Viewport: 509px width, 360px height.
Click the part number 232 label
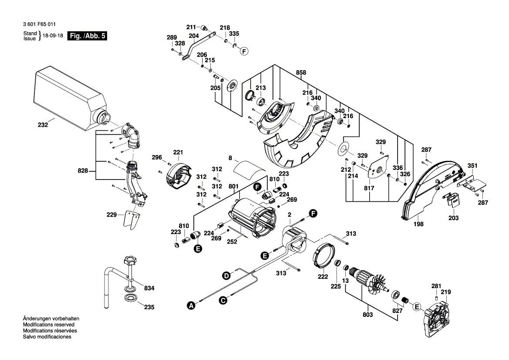coord(43,125)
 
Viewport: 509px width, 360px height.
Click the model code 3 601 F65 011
coord(40,25)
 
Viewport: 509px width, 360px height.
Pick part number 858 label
coord(301,72)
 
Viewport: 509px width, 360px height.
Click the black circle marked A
coord(190,306)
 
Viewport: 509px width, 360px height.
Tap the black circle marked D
coord(226,275)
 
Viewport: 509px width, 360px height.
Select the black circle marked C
coord(222,300)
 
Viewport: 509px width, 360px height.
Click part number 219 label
coord(446,292)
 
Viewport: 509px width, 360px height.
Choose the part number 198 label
coord(419,224)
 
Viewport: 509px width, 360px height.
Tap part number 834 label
coord(149,289)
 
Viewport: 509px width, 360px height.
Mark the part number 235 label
coord(149,307)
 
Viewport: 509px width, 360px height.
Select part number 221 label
coord(178,152)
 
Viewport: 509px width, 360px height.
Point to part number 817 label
coord(370,189)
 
